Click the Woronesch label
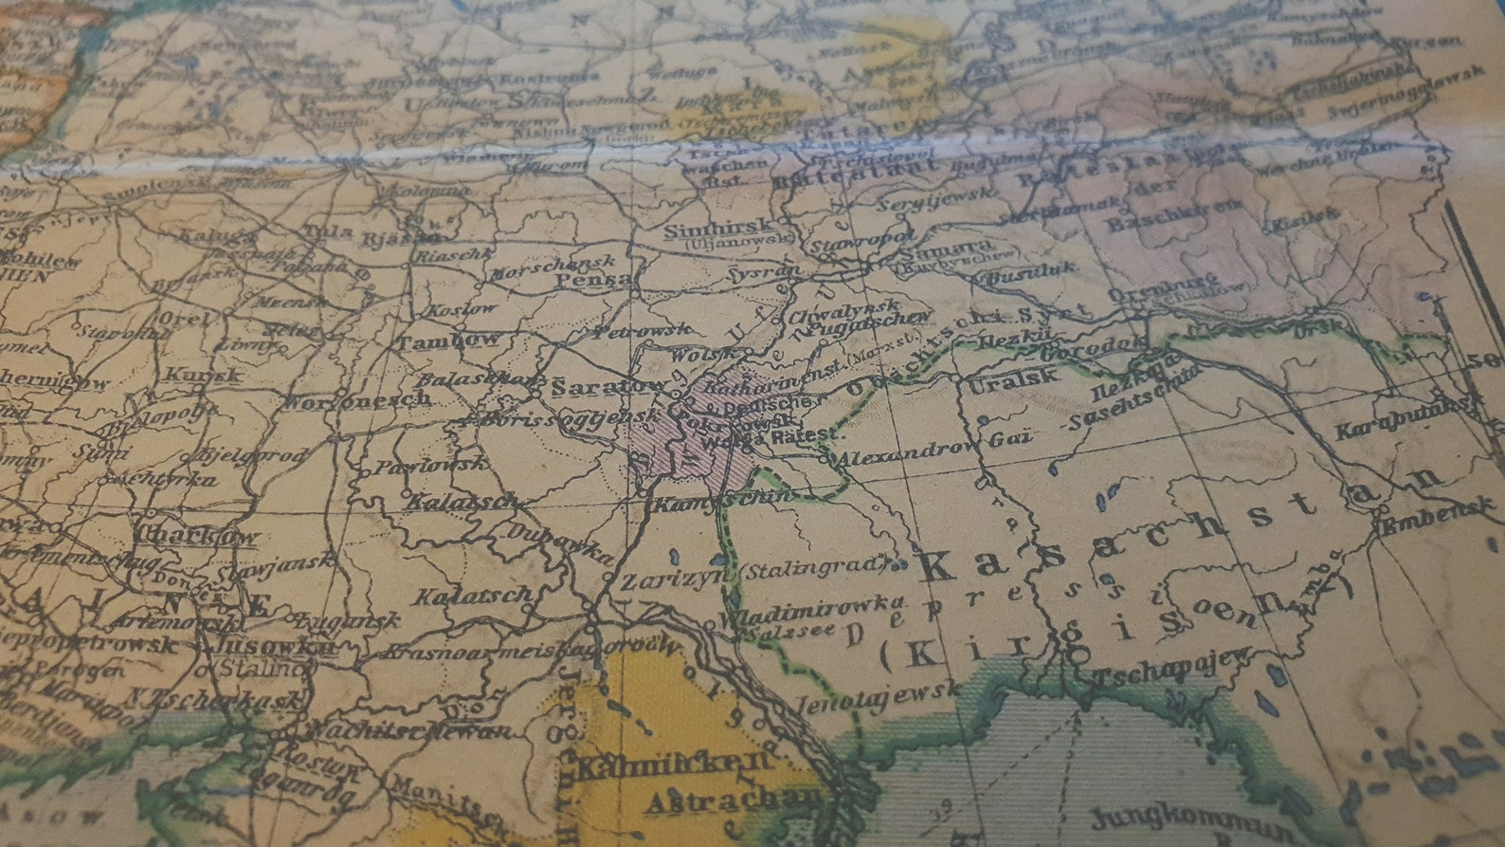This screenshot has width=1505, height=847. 358,400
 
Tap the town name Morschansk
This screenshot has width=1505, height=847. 553,265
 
